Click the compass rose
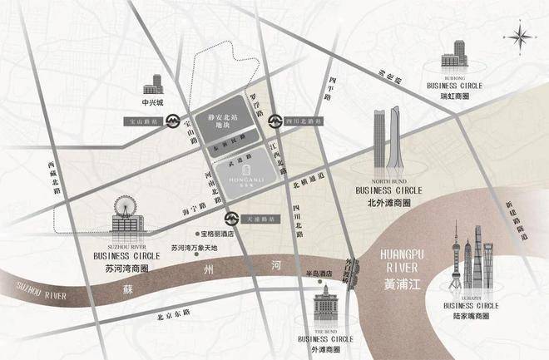pyautogui.click(x=522, y=36)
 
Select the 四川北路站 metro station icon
pyautogui.click(x=273, y=121)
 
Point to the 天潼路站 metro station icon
pyautogui.click(x=240, y=219)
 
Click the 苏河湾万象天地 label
pyautogui.click(x=194, y=248)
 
